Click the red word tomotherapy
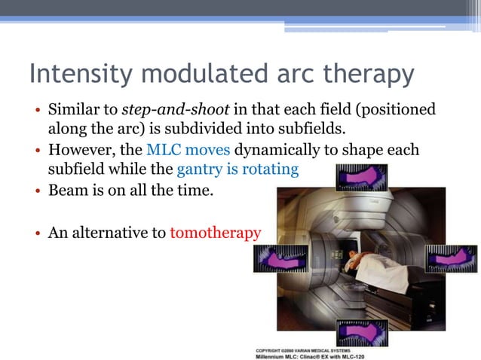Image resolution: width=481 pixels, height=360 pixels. (x=216, y=233)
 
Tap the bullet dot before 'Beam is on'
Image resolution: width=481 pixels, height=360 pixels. (x=38, y=192)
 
